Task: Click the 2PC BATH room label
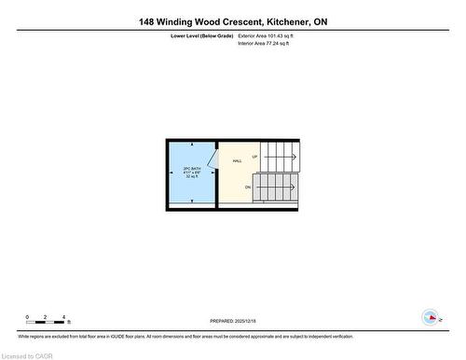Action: tap(192, 169)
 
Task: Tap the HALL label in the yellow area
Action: tap(238, 160)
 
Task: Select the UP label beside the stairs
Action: tap(254, 157)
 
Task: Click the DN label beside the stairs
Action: tap(248, 187)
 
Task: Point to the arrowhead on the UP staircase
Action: tap(295, 157)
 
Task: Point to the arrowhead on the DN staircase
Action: tap(295, 187)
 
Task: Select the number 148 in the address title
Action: tap(146, 21)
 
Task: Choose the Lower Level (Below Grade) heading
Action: tap(201, 35)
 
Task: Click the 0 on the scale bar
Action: tap(28, 317)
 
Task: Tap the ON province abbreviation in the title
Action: tap(320, 21)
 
